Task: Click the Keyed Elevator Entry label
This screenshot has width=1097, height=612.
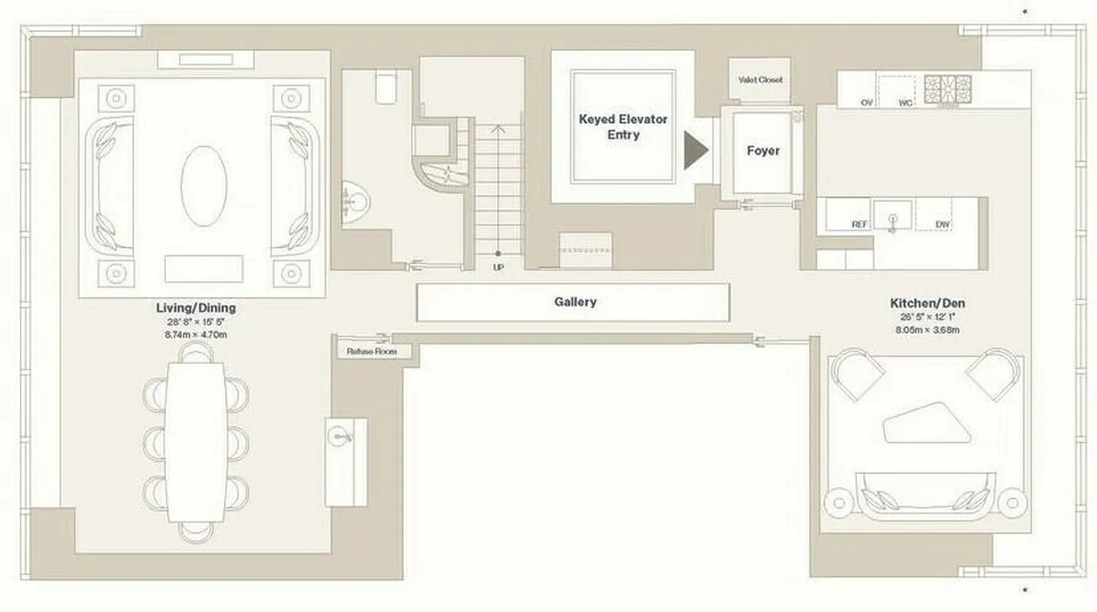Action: [x=623, y=127]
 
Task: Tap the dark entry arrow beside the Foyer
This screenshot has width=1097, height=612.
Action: [x=696, y=150]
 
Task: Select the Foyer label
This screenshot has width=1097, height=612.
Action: [x=763, y=151]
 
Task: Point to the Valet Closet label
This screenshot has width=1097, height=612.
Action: [x=760, y=80]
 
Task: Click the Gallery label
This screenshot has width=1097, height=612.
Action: [x=575, y=302]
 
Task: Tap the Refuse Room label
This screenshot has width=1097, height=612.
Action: [x=372, y=352]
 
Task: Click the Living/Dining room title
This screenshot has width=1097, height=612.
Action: [x=196, y=308]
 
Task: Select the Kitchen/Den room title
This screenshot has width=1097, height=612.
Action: [x=927, y=303]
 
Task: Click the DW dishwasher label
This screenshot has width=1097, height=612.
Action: [x=943, y=224]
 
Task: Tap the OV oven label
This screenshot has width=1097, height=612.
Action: [x=867, y=102]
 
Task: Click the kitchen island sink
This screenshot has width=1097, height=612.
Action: [x=893, y=214]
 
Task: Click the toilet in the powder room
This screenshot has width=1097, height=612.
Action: [x=387, y=87]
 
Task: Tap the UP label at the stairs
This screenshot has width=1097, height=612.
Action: [x=498, y=267]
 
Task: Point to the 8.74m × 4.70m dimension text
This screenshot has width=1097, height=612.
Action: [x=196, y=334]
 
